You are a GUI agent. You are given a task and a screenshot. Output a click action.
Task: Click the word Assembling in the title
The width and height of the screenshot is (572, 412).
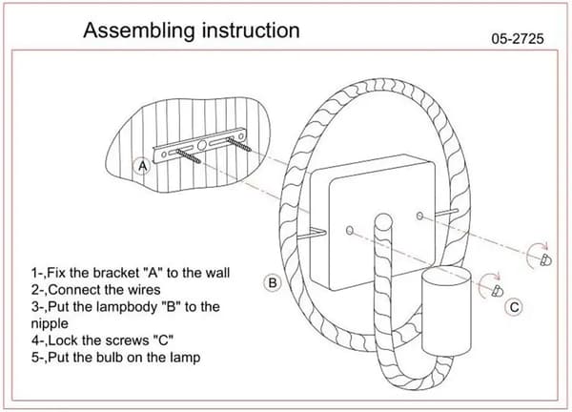coord(139,31)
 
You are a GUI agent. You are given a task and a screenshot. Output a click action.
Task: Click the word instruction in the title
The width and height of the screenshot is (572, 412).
coord(251,30)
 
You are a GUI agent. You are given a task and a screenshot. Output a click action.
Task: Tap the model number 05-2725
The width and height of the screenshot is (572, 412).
coord(518,39)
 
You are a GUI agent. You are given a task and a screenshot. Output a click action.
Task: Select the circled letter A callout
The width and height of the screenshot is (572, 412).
coord(143,166)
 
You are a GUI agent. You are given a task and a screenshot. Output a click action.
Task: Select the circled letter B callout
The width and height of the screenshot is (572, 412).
coord(273,283)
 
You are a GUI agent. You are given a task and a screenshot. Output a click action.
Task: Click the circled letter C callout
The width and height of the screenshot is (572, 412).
coord(514,306)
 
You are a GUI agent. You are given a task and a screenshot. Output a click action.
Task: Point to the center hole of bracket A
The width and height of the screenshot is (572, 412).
coord(202,145)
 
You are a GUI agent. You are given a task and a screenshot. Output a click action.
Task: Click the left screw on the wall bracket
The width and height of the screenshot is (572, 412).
coord(188,156)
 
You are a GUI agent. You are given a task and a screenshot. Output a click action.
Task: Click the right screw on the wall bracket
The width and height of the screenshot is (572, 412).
coord(239,144)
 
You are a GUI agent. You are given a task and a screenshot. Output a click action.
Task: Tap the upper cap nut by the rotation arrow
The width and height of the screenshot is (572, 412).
coord(546,259)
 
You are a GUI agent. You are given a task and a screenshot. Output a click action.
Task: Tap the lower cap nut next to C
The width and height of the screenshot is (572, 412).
coord(498,291)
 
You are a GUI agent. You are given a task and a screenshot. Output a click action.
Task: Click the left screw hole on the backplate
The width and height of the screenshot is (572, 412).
coord(350,230)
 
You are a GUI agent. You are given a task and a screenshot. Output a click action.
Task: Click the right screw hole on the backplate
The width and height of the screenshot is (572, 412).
coord(419,216)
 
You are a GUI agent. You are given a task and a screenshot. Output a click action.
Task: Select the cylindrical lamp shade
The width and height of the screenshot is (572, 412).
coord(446,311)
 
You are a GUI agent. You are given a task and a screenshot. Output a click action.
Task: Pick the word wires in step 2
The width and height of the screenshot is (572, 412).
coord(144,290)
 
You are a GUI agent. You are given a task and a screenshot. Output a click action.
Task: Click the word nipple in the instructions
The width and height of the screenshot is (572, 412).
coord(50,324)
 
